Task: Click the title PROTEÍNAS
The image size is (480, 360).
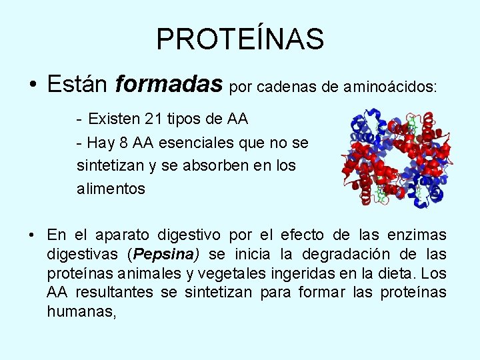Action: pos(240,39)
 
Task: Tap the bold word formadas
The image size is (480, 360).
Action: pos(169,84)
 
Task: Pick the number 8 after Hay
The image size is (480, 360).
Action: pos(125,142)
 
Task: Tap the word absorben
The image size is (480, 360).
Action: pos(204,165)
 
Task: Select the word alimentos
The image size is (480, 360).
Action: pos(111,189)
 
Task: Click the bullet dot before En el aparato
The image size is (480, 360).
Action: pos(32,235)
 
